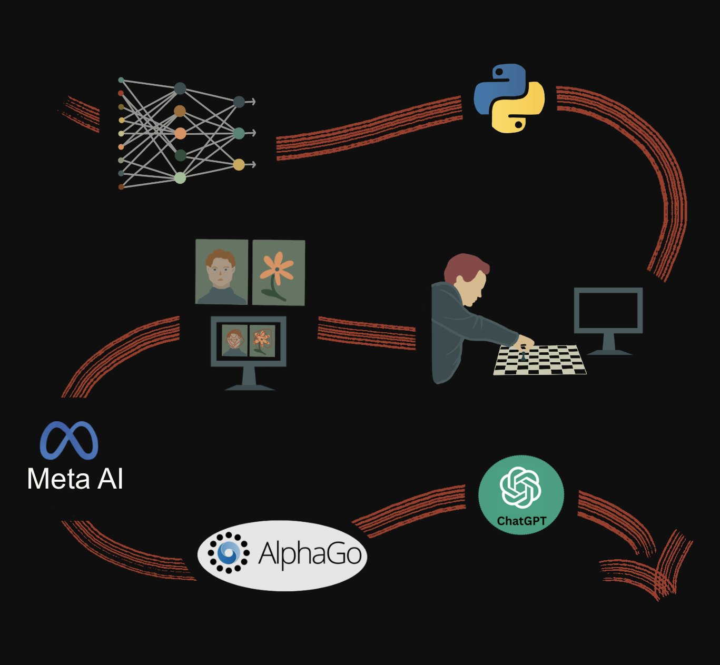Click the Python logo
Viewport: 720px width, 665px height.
509,98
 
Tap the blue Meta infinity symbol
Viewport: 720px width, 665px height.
69,440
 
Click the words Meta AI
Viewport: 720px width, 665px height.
75,479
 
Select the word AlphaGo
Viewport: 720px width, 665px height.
310,554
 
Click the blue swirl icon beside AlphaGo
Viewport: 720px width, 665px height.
229,552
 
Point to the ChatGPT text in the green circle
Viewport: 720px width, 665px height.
521,521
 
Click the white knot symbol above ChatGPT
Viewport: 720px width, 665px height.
520,487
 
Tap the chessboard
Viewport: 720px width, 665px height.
540,361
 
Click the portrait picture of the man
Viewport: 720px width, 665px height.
222,272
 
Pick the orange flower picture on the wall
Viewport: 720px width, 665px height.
278,272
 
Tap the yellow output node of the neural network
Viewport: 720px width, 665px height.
239,165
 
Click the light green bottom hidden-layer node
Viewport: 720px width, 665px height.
180,178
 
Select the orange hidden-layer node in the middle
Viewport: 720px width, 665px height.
180,133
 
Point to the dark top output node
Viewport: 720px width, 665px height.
239,102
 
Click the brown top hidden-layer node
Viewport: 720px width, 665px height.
180,111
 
